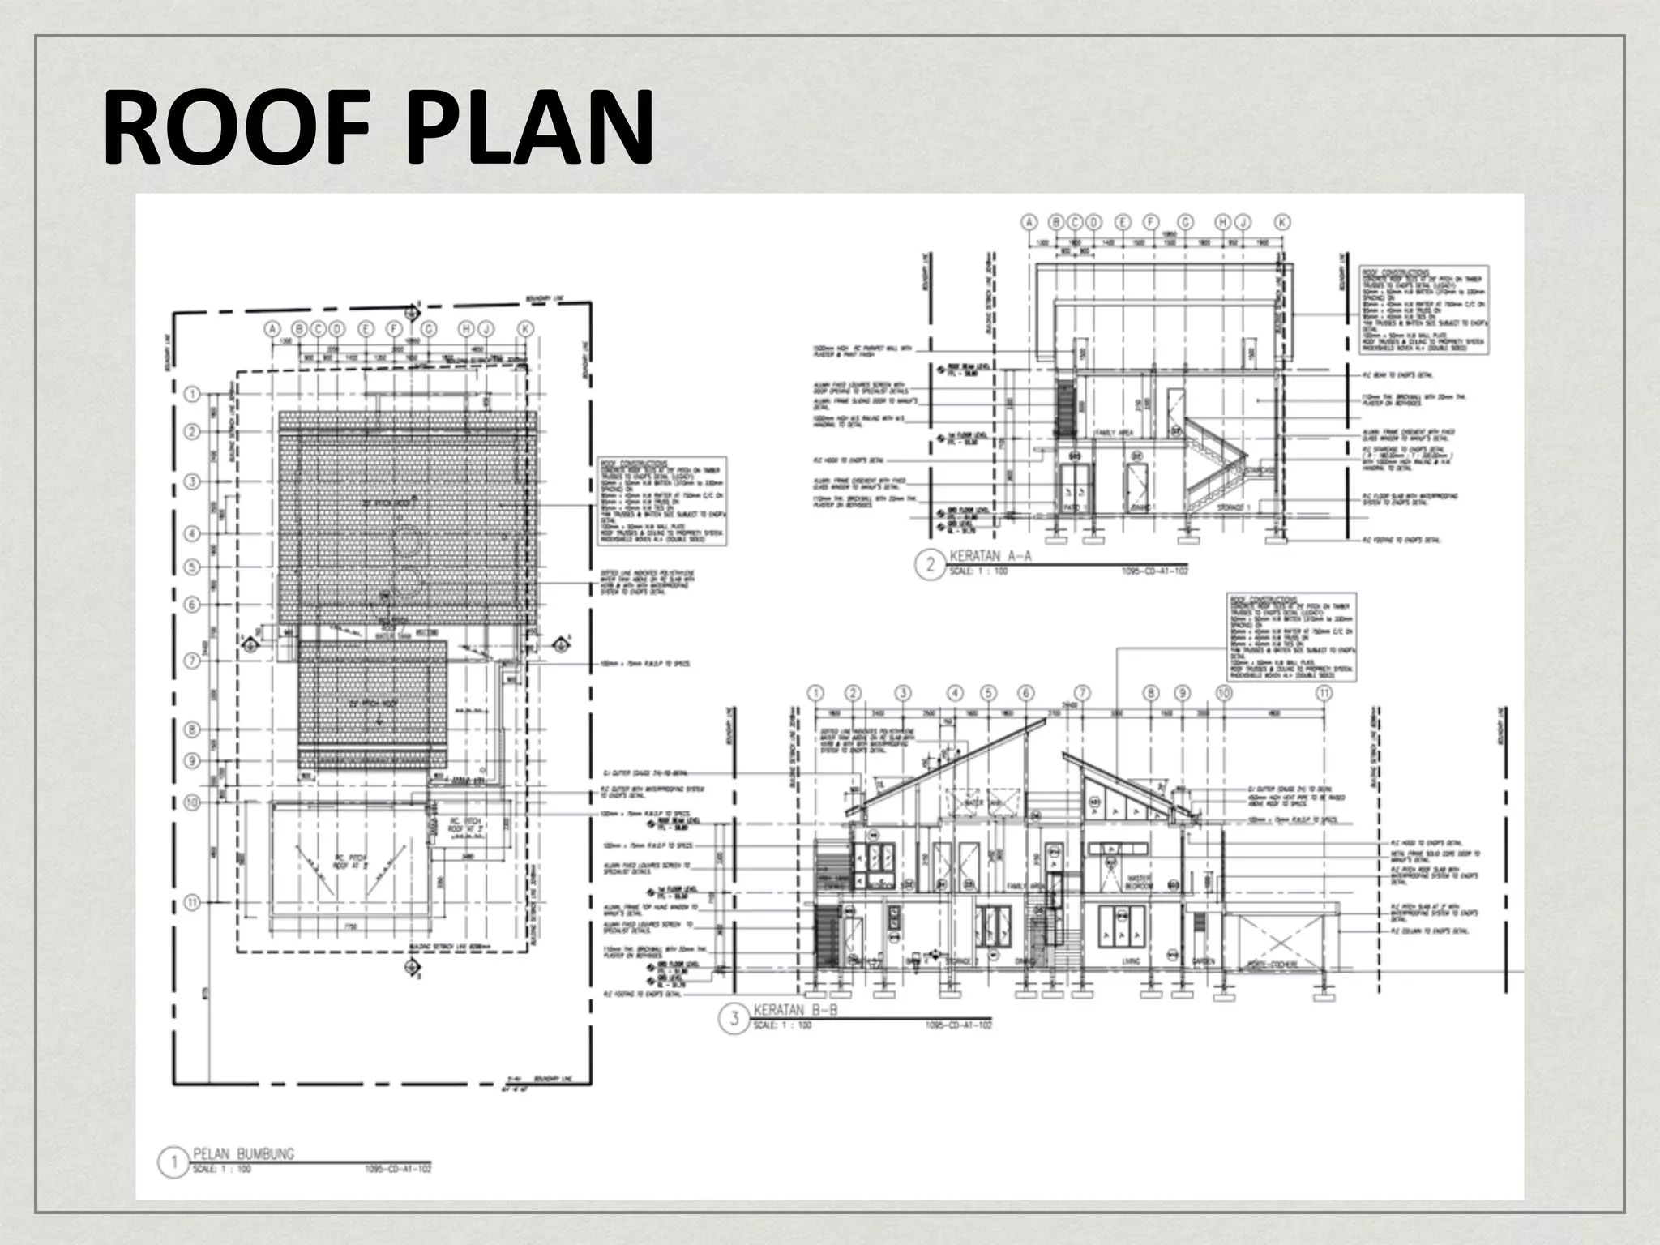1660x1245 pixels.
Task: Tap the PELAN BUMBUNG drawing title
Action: [x=243, y=1153]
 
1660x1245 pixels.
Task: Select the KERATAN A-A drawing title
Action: [x=990, y=557]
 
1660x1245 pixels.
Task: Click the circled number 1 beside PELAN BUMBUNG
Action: [x=173, y=1163]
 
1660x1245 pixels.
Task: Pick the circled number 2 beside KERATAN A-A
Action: [x=930, y=564]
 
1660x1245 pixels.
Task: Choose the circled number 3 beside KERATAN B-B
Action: [x=734, y=1018]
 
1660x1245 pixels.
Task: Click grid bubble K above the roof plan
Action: [x=525, y=328]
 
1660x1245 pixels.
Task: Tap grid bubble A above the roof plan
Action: [x=273, y=328]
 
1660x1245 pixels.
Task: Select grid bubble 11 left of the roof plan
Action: [x=192, y=901]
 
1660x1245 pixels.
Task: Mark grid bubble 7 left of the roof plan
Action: [x=192, y=661]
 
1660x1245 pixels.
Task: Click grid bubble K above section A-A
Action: [x=1281, y=221]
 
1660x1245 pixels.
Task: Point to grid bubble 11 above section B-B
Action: [x=1324, y=693]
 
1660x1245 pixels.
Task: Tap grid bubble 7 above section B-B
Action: [x=1081, y=693]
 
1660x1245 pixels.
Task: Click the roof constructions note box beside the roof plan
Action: [x=662, y=501]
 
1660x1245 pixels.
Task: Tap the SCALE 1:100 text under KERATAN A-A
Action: [x=978, y=571]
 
